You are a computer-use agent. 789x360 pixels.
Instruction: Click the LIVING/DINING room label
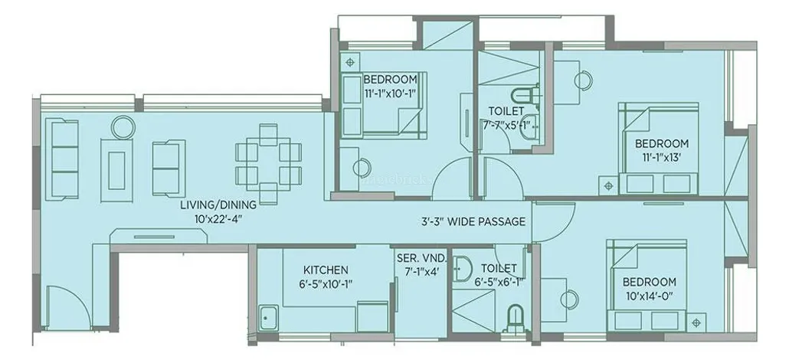click(218, 205)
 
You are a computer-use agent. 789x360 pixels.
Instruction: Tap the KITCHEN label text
click(326, 270)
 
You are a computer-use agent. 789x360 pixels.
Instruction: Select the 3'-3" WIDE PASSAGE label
click(473, 222)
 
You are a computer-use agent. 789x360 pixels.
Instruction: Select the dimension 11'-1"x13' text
click(661, 157)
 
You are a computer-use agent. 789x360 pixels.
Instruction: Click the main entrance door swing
click(61, 306)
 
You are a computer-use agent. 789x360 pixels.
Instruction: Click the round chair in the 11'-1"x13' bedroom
click(584, 78)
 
